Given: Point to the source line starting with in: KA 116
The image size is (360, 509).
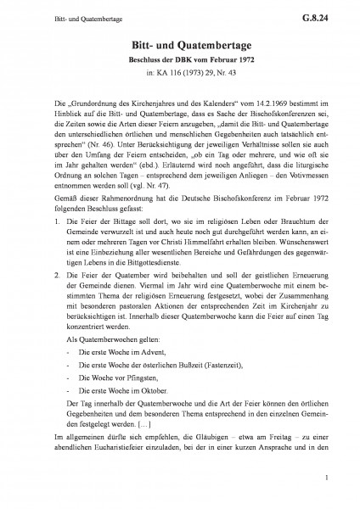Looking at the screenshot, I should (180, 76).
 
